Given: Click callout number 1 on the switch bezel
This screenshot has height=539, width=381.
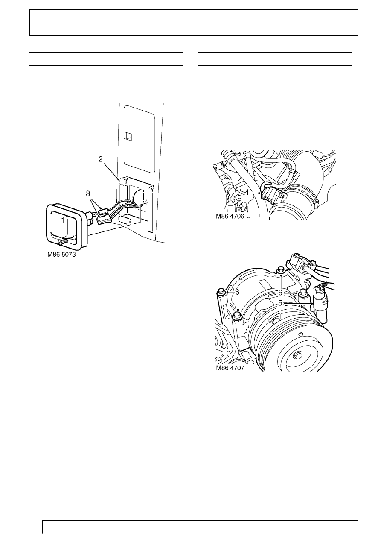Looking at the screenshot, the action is [63, 220].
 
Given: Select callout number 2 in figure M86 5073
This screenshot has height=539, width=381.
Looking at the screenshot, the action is [101, 159].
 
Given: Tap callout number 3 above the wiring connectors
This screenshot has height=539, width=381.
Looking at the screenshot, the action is [88, 193].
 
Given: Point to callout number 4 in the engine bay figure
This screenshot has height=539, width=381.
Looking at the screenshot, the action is [247, 193].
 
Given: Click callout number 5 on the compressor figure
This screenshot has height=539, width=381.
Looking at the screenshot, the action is [280, 303].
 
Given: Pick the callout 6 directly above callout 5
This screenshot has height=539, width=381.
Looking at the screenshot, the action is [280, 293].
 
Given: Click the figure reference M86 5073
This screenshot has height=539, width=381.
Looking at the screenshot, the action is [61, 255].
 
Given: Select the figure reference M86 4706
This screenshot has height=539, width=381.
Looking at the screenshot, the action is [230, 216].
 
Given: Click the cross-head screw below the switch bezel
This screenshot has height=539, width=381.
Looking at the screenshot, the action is [62, 242].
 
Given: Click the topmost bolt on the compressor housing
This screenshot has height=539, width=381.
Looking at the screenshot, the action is [280, 270].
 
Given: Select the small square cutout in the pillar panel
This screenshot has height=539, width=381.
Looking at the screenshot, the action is [128, 136].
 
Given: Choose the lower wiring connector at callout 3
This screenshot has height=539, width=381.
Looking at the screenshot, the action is [104, 219].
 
